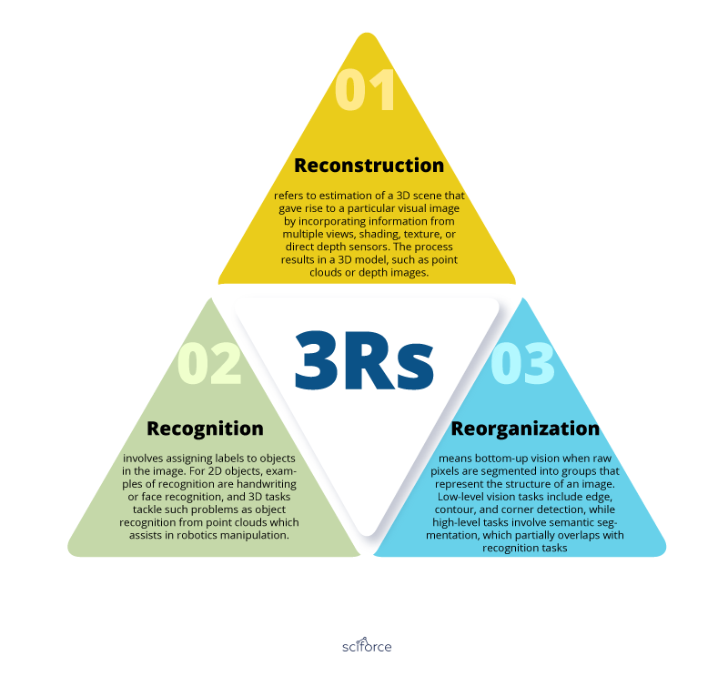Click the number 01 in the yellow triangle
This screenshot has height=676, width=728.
click(x=365, y=89)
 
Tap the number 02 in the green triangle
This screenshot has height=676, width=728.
click(x=209, y=363)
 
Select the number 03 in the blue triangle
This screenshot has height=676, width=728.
click(x=522, y=363)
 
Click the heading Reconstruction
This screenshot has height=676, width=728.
click(x=369, y=166)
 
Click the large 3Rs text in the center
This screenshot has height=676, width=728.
click(x=365, y=361)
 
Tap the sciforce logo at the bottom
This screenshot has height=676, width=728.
click(x=367, y=645)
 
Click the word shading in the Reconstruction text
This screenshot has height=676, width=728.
click(x=379, y=235)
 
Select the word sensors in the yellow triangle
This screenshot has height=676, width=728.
click(x=370, y=247)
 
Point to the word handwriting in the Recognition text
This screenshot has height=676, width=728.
click(x=266, y=484)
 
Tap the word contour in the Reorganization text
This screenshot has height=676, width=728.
click(x=453, y=510)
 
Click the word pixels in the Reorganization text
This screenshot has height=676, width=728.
click(x=443, y=471)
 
